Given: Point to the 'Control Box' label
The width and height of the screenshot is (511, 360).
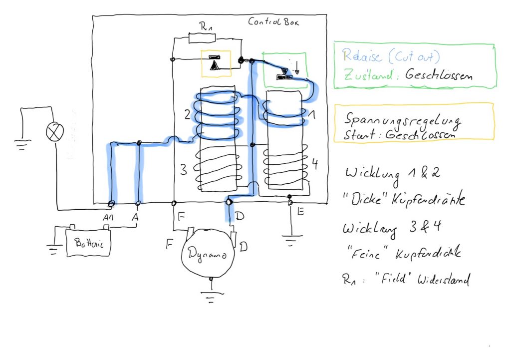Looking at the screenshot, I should pyautogui.click(x=273, y=22).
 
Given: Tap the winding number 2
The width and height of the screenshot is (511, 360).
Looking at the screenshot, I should pyautogui.click(x=187, y=115).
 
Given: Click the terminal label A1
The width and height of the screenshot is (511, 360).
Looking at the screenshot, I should pyautogui.click(x=108, y=217).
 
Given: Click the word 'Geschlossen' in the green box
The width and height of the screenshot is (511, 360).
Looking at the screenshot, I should pyautogui.click(x=439, y=75).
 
